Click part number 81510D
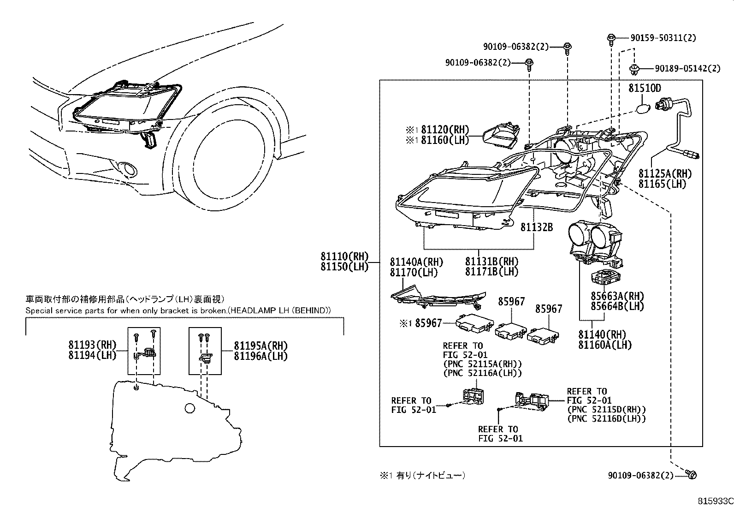pyautogui.click(x=645, y=88)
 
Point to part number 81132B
pyautogui.click(x=537, y=227)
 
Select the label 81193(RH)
pyautogui.click(x=92, y=345)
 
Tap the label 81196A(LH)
pyautogui.click(x=260, y=356)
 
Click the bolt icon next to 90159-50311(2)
pyautogui.click(x=611, y=38)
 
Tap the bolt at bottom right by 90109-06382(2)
pyautogui.click(x=691, y=474)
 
